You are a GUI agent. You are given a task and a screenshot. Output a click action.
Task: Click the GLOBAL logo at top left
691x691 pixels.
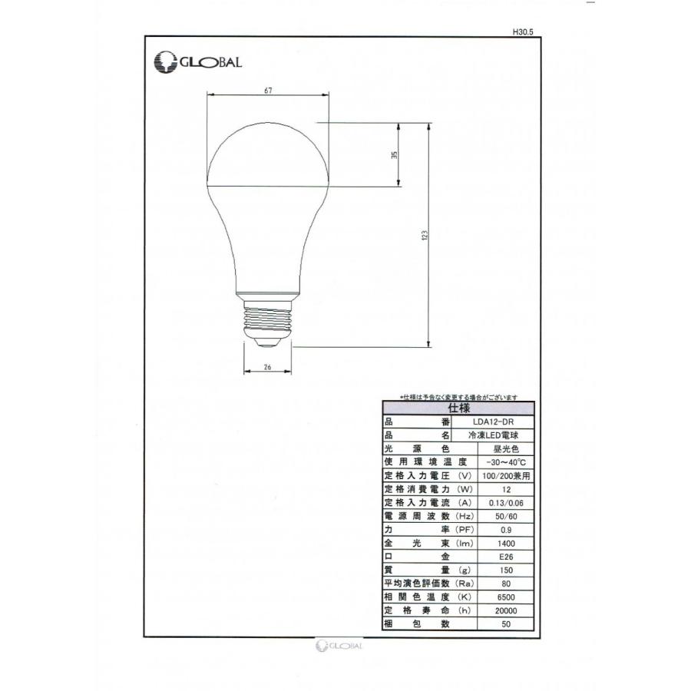[x=198, y=61]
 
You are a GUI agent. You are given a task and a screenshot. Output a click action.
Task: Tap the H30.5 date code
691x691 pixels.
[x=522, y=31]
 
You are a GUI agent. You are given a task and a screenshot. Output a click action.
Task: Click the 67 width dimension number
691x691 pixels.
[x=268, y=90]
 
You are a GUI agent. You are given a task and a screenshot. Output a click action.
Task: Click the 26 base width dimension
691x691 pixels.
[x=267, y=367]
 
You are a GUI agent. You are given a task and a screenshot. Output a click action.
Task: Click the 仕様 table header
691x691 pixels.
[x=458, y=408]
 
